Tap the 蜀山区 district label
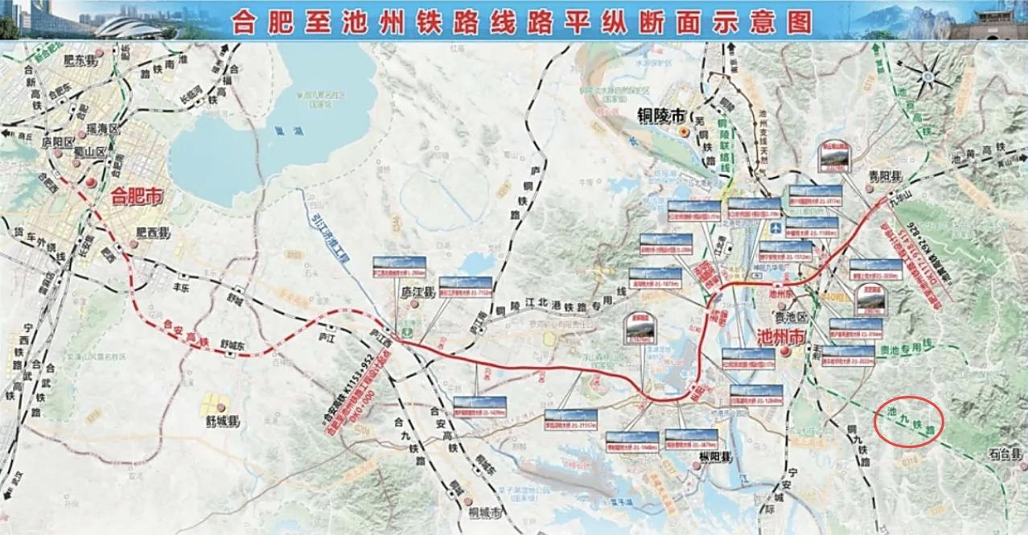[x=89, y=151]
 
